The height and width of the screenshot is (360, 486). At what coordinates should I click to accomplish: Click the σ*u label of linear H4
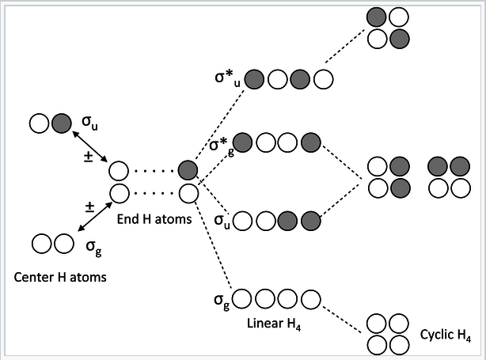227,78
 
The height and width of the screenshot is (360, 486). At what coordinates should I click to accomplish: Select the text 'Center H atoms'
60,277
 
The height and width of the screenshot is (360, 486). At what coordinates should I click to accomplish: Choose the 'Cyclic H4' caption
447,335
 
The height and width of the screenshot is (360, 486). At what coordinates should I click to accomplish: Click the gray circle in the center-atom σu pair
61,123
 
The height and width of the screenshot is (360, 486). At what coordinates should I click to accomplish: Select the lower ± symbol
89,207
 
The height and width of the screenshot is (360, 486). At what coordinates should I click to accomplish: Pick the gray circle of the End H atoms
188,170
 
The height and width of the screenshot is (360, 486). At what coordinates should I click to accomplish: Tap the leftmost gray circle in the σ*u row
255,79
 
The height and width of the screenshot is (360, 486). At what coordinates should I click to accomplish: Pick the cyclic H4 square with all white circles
386,333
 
